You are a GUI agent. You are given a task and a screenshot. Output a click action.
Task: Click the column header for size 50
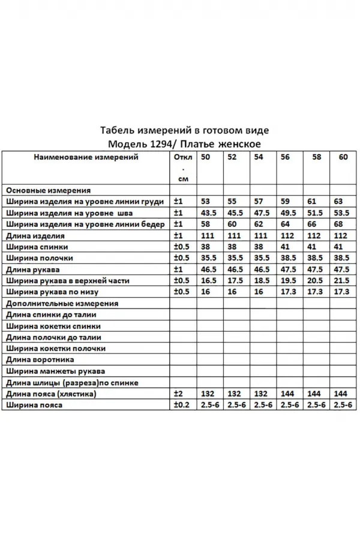pos(206,158)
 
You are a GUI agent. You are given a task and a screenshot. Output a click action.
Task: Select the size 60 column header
pos(343,158)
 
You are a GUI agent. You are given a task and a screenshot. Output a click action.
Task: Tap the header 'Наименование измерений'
pos(85,158)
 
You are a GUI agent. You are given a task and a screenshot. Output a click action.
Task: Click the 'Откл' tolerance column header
pos(182,158)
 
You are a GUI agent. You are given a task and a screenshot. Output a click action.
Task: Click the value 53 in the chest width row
pos(206,201)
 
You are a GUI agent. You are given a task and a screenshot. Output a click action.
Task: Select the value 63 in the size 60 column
pos(338,201)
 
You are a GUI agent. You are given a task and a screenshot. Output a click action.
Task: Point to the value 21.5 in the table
pos(341,281)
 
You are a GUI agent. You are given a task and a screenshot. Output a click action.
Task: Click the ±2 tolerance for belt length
pos(178,394)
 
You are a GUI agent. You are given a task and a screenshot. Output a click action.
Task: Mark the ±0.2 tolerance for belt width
pos(181,406)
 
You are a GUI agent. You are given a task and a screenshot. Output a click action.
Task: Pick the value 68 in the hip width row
pos(338,224)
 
